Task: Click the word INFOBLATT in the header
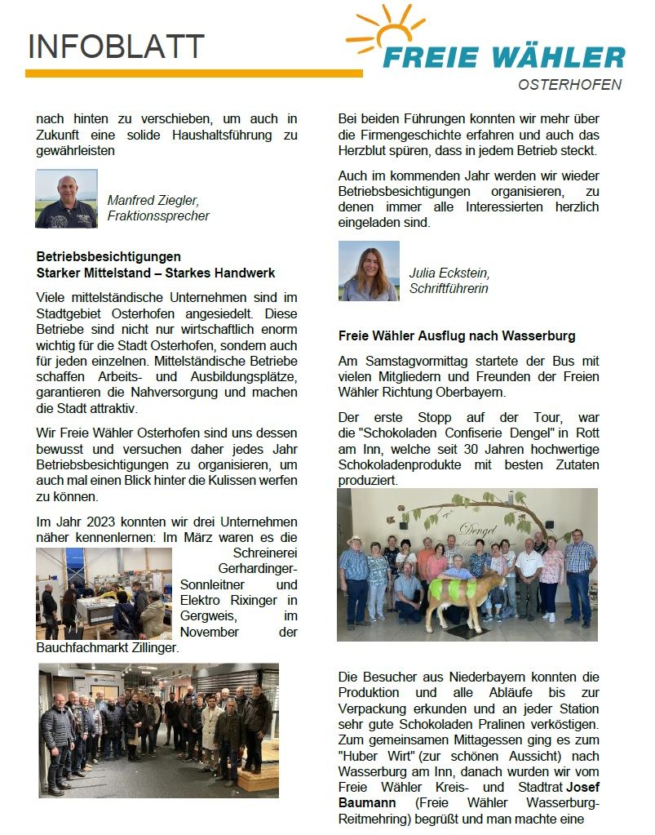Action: (x=116, y=47)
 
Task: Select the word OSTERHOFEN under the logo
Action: (x=569, y=85)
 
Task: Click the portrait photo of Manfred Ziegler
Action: (x=66, y=198)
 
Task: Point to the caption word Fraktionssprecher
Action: (x=158, y=216)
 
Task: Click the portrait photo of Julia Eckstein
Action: (x=369, y=271)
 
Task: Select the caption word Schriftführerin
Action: (x=449, y=288)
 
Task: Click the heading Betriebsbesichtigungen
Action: (x=108, y=256)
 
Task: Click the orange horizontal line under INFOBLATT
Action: (x=193, y=73)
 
